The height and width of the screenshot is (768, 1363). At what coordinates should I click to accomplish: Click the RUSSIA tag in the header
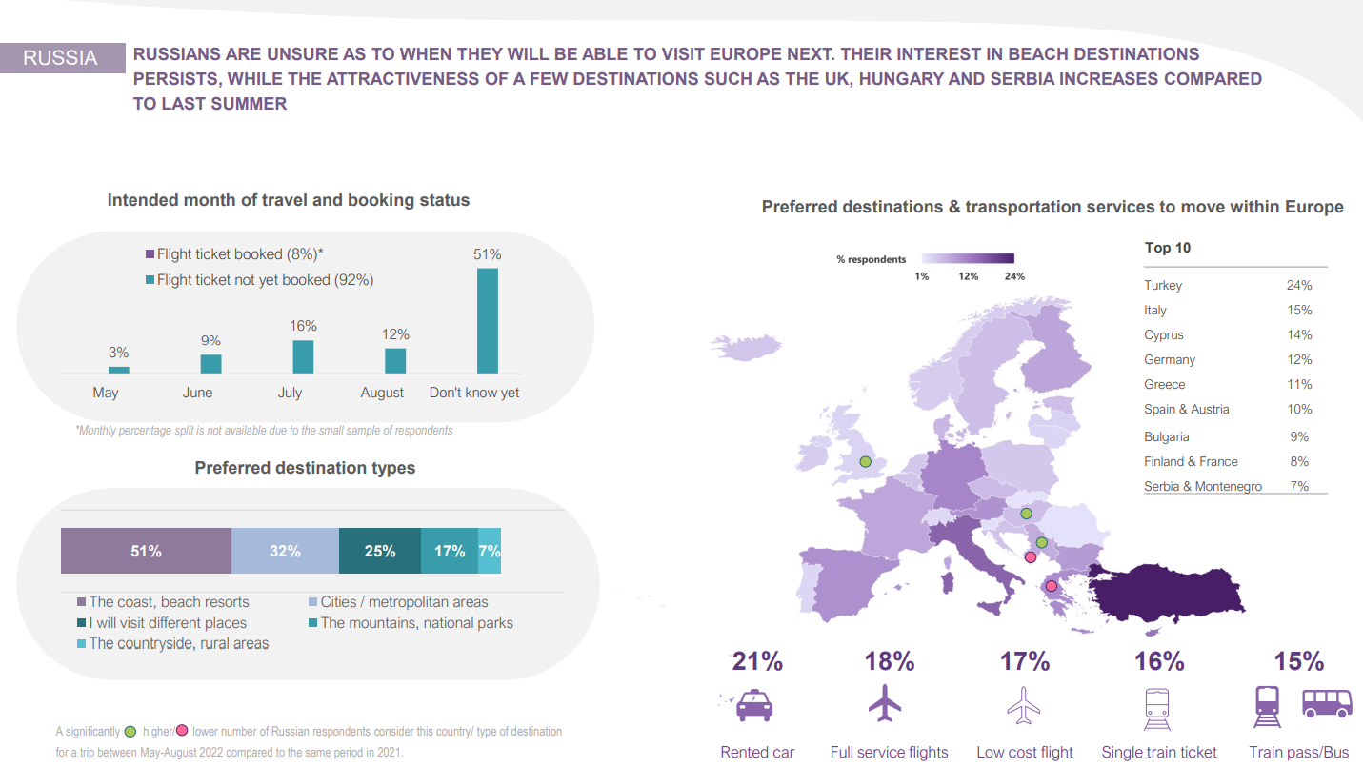click(x=61, y=58)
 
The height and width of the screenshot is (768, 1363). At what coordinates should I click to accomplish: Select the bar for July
click(x=303, y=356)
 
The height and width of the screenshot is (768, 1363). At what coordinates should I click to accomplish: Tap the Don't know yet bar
click(x=487, y=320)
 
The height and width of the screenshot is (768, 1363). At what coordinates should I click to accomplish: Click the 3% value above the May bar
click(x=118, y=353)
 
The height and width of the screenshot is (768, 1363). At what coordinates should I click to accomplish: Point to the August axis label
click(x=382, y=393)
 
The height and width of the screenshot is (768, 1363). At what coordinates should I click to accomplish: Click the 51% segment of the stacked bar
click(x=146, y=551)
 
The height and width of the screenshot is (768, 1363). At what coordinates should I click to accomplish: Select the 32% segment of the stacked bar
click(x=285, y=551)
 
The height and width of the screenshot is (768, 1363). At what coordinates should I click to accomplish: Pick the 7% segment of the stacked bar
click(x=490, y=551)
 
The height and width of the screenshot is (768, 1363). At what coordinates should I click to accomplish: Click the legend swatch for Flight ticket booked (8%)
click(x=150, y=254)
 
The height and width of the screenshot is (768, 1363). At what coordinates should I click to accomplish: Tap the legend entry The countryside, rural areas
click(x=179, y=643)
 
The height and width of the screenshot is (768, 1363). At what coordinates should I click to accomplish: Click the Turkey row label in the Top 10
click(x=1163, y=285)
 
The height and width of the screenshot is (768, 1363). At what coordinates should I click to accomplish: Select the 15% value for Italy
click(x=1298, y=310)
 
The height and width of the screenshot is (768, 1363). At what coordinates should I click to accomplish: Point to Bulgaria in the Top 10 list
click(x=1167, y=436)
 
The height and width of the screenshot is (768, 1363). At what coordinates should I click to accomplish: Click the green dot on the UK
click(x=865, y=461)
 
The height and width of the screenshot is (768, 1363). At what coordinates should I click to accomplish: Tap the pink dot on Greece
click(x=1052, y=586)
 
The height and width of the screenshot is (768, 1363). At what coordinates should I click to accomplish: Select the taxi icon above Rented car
click(x=755, y=705)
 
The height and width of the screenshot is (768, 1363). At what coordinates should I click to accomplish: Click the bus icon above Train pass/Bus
click(x=1326, y=703)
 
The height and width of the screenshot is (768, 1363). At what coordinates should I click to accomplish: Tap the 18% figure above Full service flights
click(x=889, y=661)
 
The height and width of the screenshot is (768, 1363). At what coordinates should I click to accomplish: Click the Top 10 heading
click(x=1168, y=248)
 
